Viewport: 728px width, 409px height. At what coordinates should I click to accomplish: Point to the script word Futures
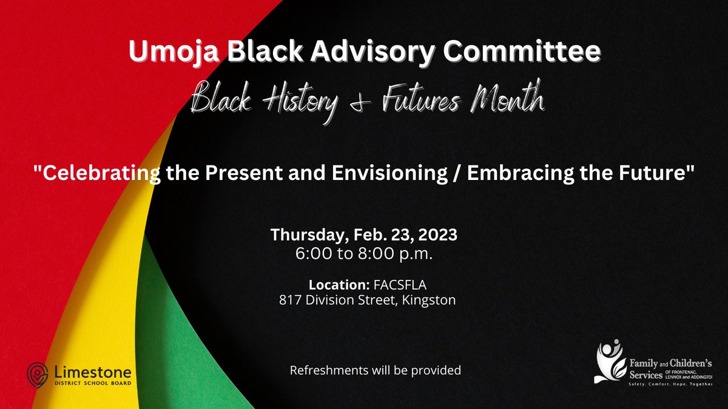(x=431, y=101)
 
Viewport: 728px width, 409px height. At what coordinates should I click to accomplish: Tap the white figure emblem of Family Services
(x=609, y=362)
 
